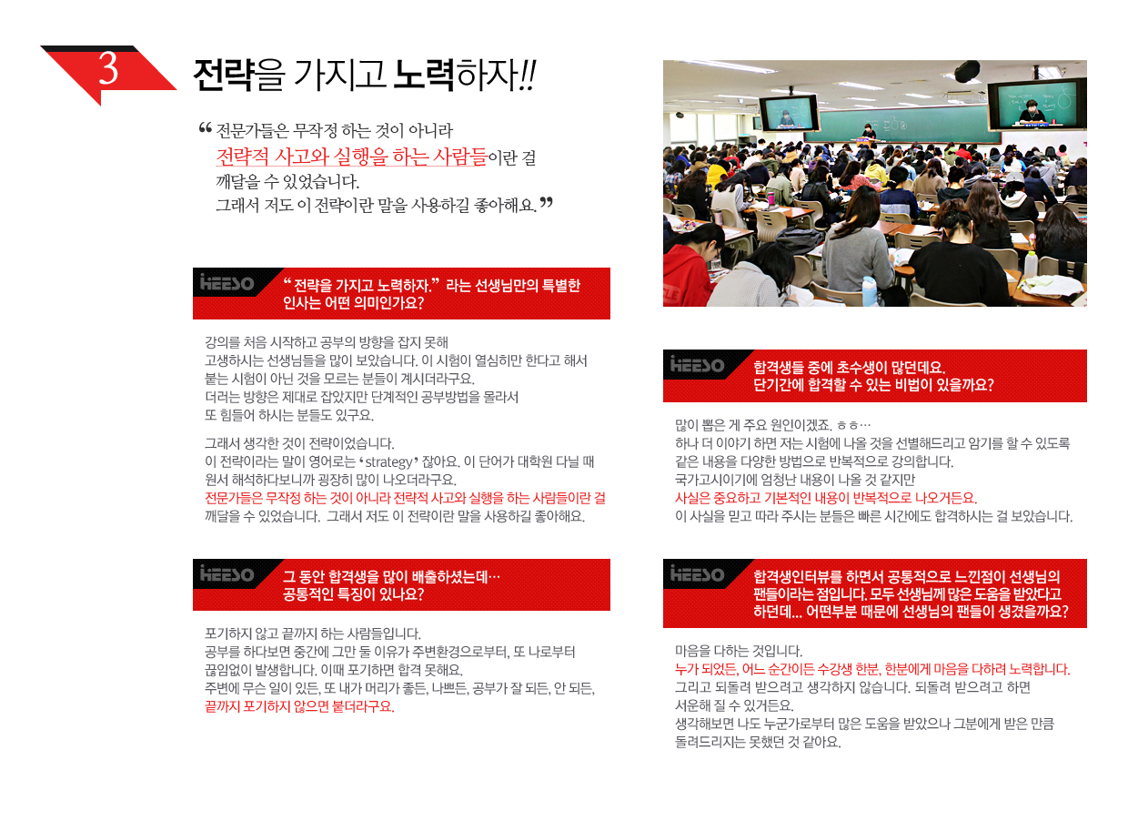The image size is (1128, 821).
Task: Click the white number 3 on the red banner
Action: click(x=108, y=68)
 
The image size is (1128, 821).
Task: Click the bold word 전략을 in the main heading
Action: click(x=238, y=76)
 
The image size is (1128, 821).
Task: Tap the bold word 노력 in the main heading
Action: click(x=424, y=76)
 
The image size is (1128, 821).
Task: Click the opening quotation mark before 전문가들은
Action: click(x=205, y=128)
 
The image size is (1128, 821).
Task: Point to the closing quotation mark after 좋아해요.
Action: click(x=547, y=203)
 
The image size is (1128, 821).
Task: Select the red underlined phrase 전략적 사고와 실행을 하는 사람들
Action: click(x=351, y=157)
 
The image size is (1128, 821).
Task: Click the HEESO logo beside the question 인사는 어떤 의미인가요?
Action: click(x=227, y=283)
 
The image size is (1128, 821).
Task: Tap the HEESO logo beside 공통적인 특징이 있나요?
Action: click(x=227, y=574)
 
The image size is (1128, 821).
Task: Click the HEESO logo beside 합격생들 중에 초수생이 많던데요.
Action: click(x=697, y=364)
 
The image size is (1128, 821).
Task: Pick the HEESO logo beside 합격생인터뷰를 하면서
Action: click(x=697, y=574)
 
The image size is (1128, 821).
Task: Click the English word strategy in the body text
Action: click(x=388, y=462)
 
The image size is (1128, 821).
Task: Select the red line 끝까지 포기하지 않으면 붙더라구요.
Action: click(x=299, y=706)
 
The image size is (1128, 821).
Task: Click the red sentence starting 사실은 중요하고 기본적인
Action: click(x=826, y=499)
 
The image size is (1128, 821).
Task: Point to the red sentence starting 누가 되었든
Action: click(x=872, y=670)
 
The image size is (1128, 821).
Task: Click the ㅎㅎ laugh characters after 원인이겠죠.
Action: click(x=848, y=426)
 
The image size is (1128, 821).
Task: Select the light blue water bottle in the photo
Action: click(x=868, y=291)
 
